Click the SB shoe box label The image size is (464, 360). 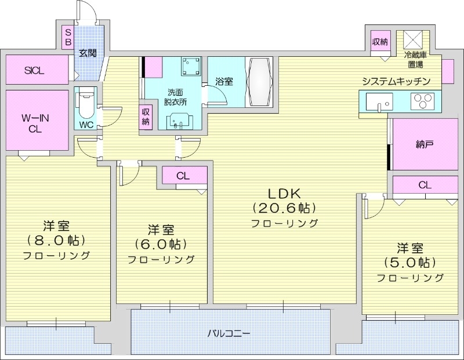point(67,37)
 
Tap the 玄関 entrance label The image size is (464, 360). point(88,53)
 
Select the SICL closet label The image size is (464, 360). point(34,70)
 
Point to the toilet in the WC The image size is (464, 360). point(85,104)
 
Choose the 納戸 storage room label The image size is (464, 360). point(425,144)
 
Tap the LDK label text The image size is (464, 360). point(284,193)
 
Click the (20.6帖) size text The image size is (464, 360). point(284,208)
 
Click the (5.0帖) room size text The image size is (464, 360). point(410,262)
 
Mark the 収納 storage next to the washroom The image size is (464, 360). point(146,117)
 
